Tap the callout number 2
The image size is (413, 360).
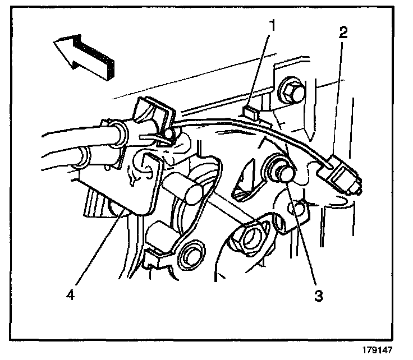click(x=343, y=32)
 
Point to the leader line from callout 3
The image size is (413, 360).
click(x=303, y=236)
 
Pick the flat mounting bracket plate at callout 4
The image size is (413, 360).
click(x=143, y=185)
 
